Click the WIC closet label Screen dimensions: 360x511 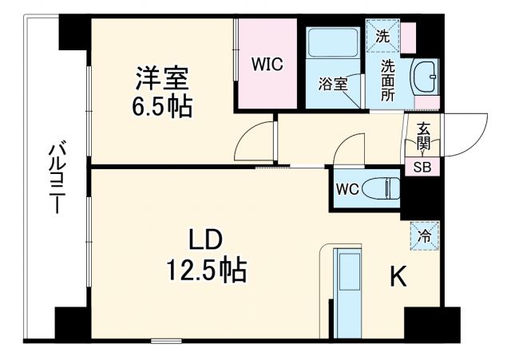267,65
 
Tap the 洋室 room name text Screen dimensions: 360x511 161,80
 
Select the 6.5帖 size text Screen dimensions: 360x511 162,108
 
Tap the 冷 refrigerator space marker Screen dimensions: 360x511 426,235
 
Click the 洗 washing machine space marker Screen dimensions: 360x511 382,36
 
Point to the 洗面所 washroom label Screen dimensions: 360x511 388,80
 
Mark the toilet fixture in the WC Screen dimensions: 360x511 380,189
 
